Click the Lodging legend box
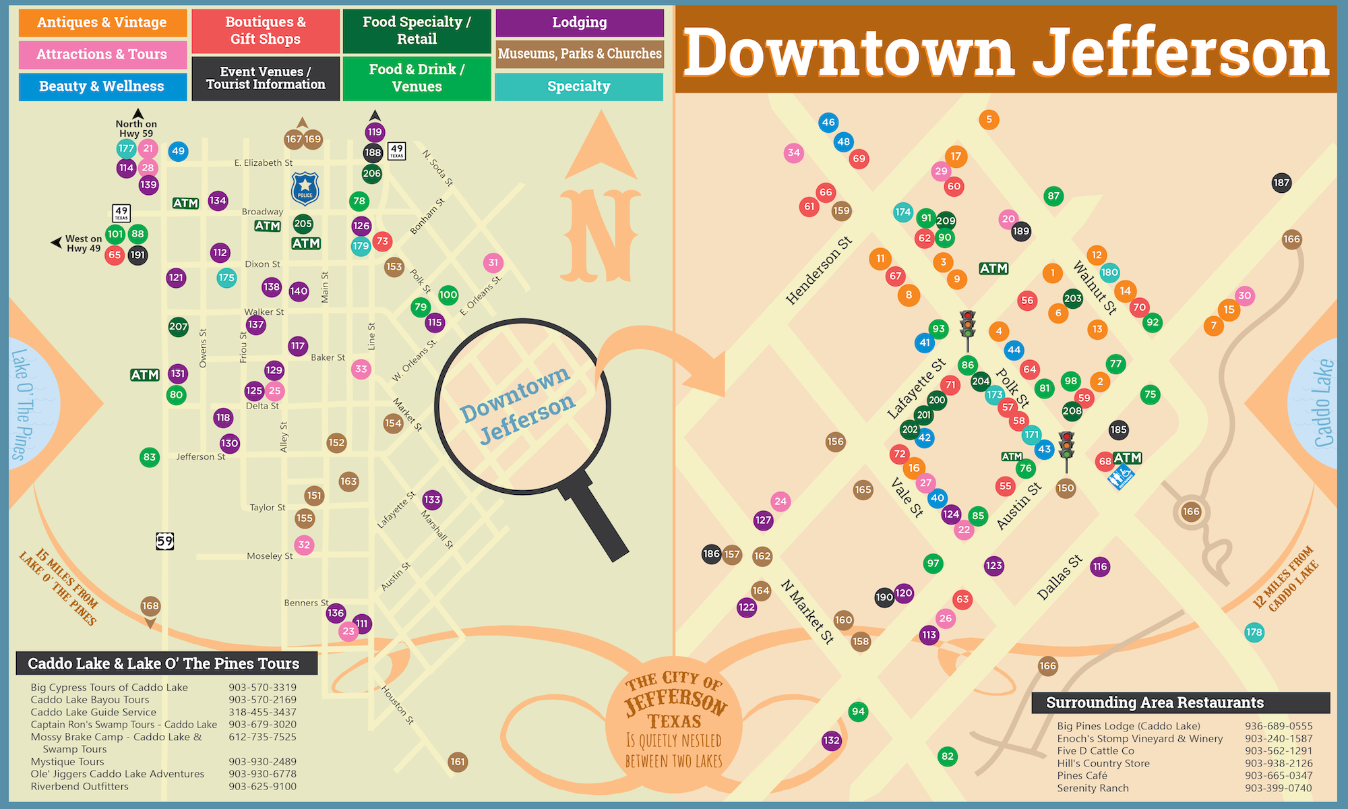(580, 22)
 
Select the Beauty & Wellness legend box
(102, 86)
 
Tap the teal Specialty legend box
(579, 86)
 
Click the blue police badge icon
(305, 189)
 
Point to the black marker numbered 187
(1281, 182)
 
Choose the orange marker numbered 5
(989, 119)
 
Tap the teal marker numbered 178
(1254, 632)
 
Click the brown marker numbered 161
(458, 762)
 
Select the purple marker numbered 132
(832, 740)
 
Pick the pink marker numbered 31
(493, 263)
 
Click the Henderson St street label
(819, 270)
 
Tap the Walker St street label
(264, 312)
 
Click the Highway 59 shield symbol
(165, 541)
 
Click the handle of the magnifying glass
(596, 520)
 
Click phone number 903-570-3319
(262, 688)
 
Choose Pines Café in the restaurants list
(1082, 775)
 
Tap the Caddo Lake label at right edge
(1324, 403)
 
